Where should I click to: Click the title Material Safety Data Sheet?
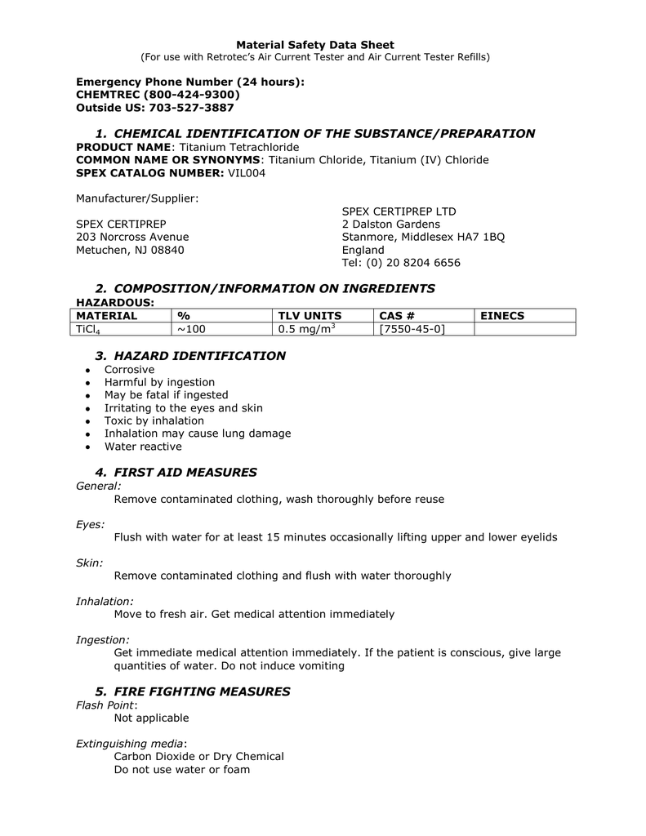tap(315, 45)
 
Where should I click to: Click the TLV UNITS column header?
tap(310, 316)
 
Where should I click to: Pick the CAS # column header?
tap(396, 316)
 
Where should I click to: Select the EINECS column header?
tap(501, 316)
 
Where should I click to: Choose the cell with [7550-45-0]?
tap(412, 329)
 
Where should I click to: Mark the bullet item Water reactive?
tap(143, 447)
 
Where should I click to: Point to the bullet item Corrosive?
tap(129, 369)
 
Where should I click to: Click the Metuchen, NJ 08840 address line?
tap(130, 250)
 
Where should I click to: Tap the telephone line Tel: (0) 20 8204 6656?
tap(401, 263)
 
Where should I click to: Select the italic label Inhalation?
tap(105, 601)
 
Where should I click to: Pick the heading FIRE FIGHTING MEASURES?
tap(202, 691)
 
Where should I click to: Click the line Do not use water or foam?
tap(182, 769)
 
